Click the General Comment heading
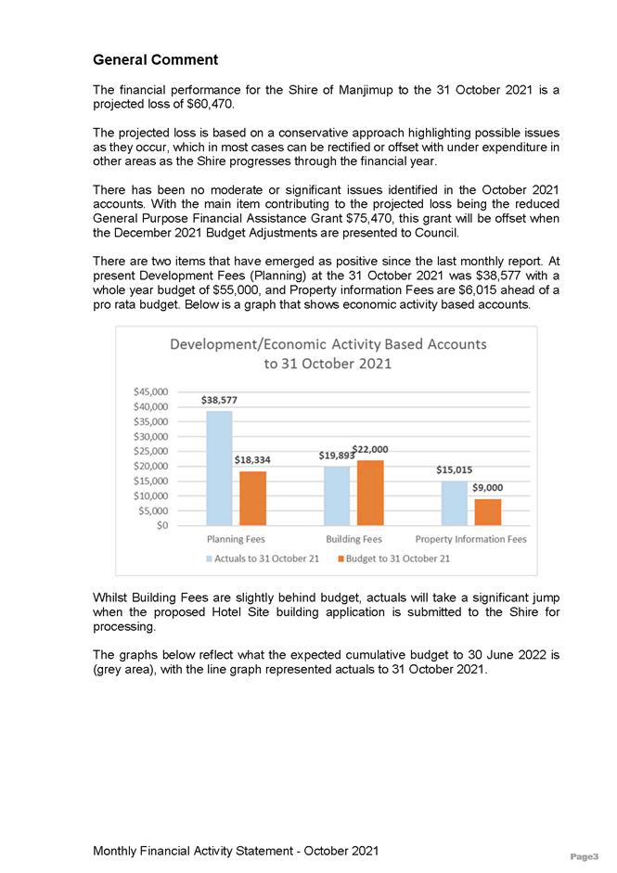tap(155, 60)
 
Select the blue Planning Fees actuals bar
tap(219, 468)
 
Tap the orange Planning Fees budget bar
tap(252, 498)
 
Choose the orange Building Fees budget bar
tap(370, 493)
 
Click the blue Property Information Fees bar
tap(454, 503)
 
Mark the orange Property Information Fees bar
tap(488, 512)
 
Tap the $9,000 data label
tap(488, 487)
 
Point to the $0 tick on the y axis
tap(161, 525)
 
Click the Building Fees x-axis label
tap(353, 539)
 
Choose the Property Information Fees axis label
tap(470, 539)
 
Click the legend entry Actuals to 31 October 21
tap(262, 558)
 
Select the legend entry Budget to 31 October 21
tap(392, 558)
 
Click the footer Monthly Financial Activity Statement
tap(236, 851)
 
